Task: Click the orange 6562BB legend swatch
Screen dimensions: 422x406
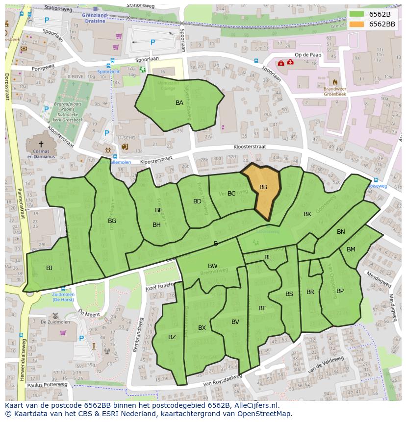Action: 357,24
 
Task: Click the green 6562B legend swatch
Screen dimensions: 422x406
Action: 357,14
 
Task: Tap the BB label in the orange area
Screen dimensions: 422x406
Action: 263,187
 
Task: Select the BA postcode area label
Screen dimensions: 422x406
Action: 179,103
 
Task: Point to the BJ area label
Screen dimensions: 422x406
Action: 49,268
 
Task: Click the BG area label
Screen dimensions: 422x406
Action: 112,221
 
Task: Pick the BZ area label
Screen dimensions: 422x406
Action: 172,337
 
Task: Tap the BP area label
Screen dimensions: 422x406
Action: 340,291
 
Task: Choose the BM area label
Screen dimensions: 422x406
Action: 351,249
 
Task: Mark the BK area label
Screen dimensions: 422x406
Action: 307,214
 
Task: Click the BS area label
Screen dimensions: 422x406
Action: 289,294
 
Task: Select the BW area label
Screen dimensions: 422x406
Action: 212,266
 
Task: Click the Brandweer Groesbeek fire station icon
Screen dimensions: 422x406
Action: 335,82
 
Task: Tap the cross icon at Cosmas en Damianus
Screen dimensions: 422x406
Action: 41,144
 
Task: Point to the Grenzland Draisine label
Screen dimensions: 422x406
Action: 95,18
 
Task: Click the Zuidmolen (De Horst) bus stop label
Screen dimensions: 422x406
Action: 63,297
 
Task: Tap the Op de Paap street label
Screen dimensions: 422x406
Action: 308,55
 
